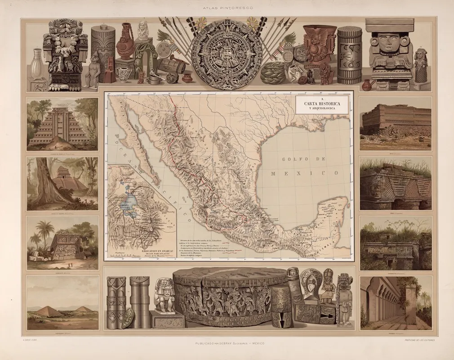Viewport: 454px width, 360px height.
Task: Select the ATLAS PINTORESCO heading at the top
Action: tap(227, 8)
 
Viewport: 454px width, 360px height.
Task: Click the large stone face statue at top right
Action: tap(389, 49)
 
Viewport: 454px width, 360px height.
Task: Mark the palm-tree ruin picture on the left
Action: tap(62, 243)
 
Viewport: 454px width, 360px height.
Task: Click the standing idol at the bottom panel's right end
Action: tap(345, 299)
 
